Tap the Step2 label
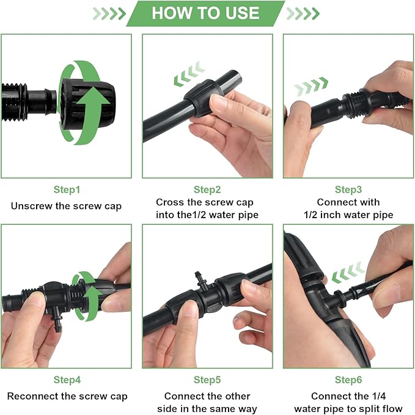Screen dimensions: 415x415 point(207,190)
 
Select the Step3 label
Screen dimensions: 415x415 point(348,190)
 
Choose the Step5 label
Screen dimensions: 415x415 point(207,380)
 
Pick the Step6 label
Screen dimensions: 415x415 point(348,380)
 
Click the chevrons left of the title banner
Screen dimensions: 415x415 point(109,13)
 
